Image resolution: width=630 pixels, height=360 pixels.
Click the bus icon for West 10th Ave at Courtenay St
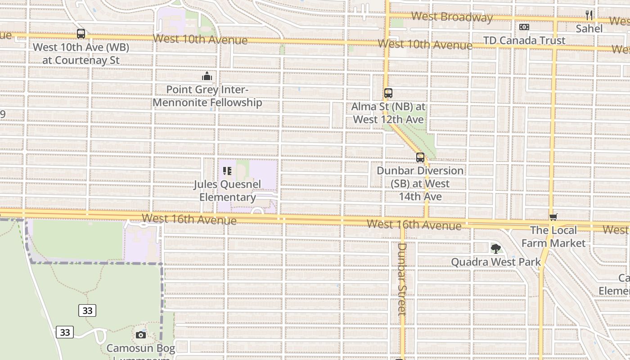click(81, 34)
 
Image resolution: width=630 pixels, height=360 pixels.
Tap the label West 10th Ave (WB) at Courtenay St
click(81, 54)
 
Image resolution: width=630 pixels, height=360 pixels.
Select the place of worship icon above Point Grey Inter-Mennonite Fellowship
click(207, 76)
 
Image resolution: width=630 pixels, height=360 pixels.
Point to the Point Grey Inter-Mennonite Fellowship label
click(207, 96)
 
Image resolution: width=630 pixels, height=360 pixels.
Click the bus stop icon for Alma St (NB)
click(388, 93)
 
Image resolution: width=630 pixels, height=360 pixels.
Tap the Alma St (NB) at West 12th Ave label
click(388, 113)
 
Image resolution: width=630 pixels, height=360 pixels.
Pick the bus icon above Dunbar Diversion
click(420, 157)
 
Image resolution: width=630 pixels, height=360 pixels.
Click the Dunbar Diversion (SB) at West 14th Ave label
click(420, 184)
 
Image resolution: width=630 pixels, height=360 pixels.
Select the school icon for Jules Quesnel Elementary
click(227, 171)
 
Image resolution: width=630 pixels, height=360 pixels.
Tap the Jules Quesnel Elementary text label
click(227, 191)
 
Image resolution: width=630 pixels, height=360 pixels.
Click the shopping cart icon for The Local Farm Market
click(553, 217)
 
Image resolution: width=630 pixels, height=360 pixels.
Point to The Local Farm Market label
click(553, 237)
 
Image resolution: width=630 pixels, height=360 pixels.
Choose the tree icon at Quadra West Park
click(495, 248)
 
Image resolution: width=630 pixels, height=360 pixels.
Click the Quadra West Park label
click(495, 262)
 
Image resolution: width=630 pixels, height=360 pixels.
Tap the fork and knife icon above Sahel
click(589, 15)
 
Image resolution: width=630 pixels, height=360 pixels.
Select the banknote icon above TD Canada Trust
click(524, 27)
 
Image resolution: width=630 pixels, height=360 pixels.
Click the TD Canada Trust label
click(524, 40)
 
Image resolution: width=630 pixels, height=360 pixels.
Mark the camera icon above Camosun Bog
click(141, 335)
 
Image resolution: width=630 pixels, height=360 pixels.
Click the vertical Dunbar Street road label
click(402, 279)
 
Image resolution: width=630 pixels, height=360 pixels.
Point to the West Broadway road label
click(452, 17)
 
